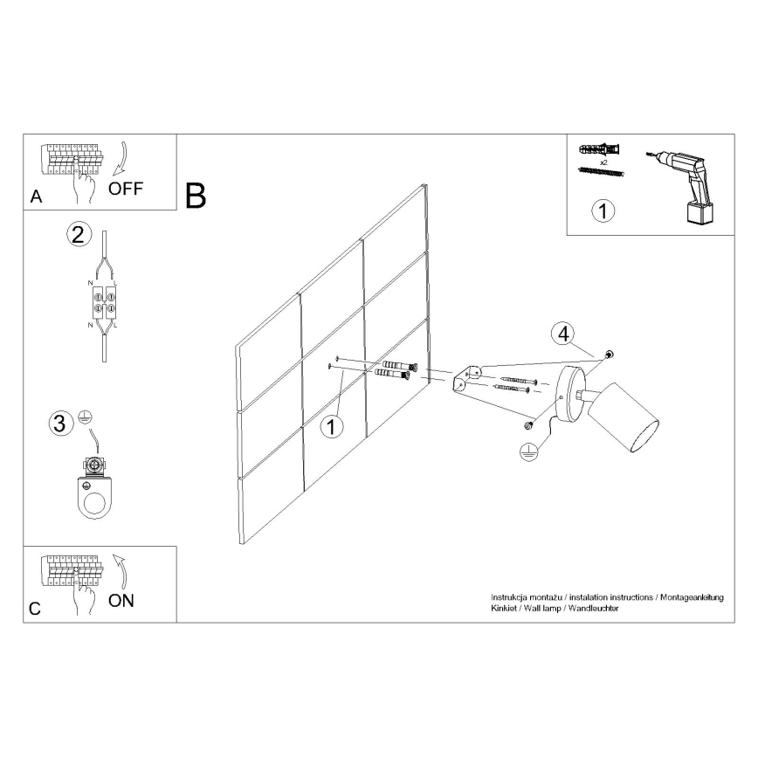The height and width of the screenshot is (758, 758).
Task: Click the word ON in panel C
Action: [x=121, y=601]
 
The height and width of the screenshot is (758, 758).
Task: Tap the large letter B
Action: [x=196, y=196]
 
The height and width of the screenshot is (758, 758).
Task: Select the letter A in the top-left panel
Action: [x=36, y=197]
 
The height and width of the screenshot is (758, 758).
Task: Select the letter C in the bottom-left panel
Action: [x=35, y=610]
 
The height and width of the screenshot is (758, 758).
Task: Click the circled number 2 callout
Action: [x=79, y=234]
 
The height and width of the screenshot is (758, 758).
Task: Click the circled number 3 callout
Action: [x=59, y=424]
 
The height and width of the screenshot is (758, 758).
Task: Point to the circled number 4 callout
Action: [x=564, y=333]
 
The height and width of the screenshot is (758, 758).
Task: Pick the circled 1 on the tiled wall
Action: [x=330, y=427]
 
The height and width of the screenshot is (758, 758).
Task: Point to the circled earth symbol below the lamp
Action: [x=527, y=451]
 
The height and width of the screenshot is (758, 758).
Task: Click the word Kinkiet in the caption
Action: [x=505, y=608]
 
